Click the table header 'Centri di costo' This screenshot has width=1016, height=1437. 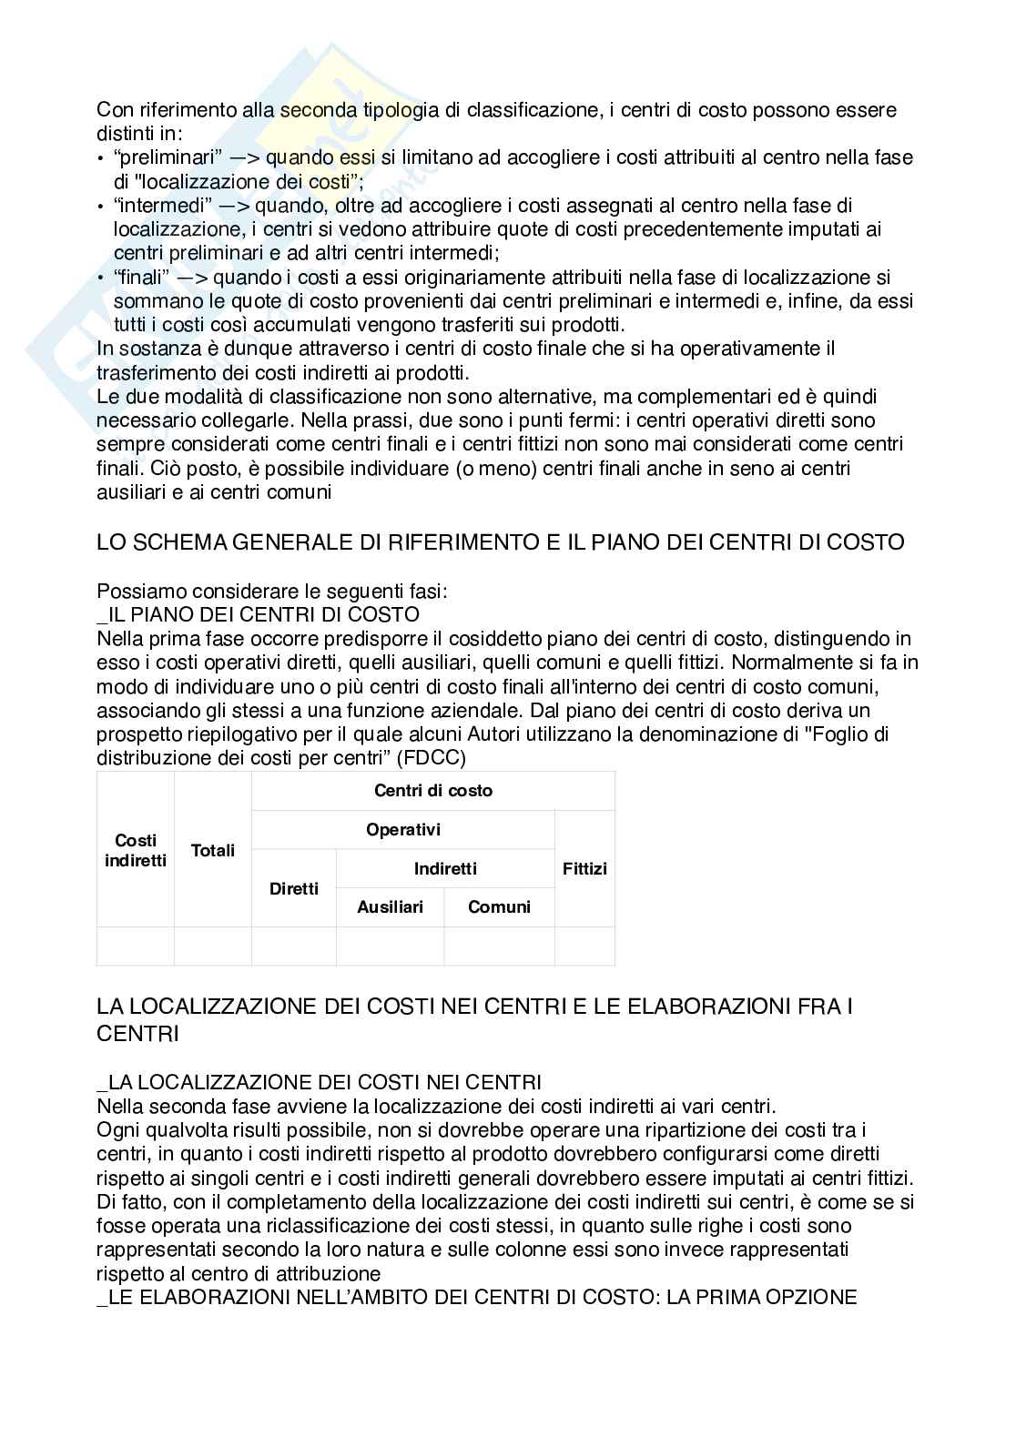[433, 791]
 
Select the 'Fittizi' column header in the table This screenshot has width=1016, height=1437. [584, 868]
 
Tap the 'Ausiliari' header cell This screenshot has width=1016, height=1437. [390, 907]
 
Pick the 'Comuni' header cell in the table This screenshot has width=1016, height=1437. [499, 907]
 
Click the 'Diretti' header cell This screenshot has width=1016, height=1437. [294, 888]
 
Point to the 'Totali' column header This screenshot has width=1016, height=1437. [213, 850]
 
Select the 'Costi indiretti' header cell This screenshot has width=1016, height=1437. [136, 850]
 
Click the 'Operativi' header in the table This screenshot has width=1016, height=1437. [402, 830]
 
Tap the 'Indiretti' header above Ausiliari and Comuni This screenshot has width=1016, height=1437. [445, 869]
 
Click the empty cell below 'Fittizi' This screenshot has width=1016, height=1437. [584, 946]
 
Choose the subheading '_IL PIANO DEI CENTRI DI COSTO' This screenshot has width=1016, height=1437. [258, 614]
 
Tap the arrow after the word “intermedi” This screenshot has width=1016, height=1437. [233, 206]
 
